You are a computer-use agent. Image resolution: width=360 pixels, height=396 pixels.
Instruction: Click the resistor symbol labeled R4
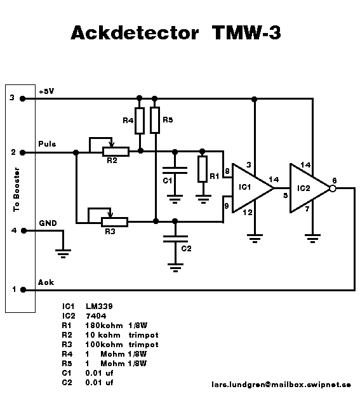coord(140,121)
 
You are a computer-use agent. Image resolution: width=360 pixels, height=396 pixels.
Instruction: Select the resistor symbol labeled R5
coord(155,120)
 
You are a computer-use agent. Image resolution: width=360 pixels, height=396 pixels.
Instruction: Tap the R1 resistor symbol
coord(203,169)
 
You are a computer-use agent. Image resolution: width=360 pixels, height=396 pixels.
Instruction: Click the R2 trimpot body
coord(116,152)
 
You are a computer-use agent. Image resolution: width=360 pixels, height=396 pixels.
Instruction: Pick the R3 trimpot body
coord(115,222)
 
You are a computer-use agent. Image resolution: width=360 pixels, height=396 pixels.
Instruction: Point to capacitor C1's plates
coord(175,170)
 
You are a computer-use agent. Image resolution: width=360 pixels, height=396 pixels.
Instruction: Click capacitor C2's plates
coord(175,239)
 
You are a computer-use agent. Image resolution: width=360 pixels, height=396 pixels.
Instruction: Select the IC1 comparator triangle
coord(253,188)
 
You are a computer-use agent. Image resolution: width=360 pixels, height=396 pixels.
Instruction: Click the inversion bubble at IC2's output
coord(333,188)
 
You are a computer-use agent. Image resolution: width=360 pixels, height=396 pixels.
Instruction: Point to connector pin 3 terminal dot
coord(22,98)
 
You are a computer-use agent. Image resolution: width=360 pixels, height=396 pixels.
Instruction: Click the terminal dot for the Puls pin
coord(22,152)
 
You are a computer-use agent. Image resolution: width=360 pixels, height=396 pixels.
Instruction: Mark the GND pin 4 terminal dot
coord(23,230)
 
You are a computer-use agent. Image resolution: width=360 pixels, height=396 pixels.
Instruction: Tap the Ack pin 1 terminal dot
coord(23,289)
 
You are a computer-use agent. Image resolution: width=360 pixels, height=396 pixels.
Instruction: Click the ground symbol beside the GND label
coord(63,253)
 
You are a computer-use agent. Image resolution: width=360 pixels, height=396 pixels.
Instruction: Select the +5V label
coord(46,91)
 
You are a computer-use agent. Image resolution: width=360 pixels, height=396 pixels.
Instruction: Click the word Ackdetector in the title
coord(135,32)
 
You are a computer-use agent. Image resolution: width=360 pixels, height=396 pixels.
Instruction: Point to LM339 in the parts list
coord(99,307)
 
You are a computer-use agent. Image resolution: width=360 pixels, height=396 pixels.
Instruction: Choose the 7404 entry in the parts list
coord(96,316)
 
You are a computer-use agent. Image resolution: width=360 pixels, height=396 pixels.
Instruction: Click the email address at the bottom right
coord(281,385)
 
